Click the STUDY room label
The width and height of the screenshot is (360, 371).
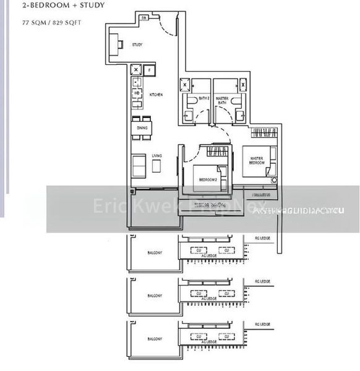tap(137, 45)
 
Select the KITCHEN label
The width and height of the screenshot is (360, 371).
tap(156, 95)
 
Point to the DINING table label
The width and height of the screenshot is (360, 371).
tap(142, 128)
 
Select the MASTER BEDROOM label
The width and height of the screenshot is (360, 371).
tap(257, 161)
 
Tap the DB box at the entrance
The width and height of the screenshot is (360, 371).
tap(144, 17)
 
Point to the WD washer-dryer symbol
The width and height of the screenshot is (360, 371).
tap(136, 93)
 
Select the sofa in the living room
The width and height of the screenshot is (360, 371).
tap(139, 164)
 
